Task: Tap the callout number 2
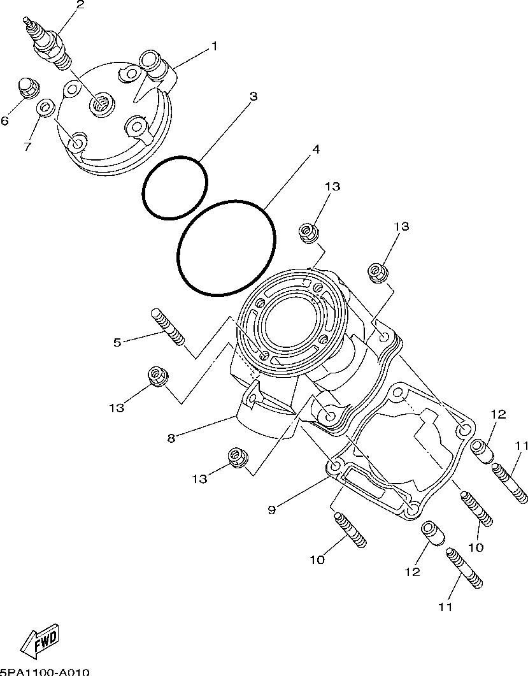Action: (80, 6)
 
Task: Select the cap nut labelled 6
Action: (29, 88)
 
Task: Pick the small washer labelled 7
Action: (45, 108)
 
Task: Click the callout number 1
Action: (214, 46)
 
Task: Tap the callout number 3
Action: (253, 96)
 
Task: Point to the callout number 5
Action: (117, 342)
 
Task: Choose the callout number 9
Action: (271, 509)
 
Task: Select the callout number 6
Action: (4, 120)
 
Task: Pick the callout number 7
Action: (27, 147)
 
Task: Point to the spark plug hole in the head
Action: (101, 102)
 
